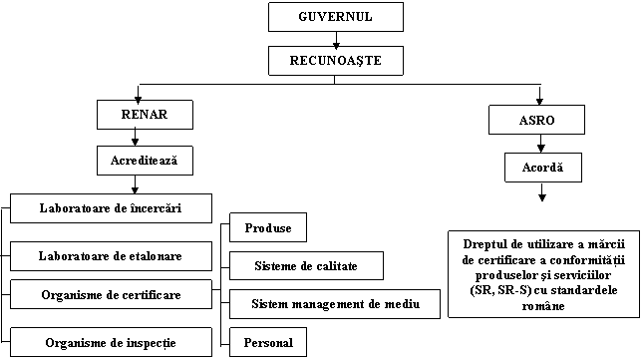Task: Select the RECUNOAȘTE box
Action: click(x=336, y=61)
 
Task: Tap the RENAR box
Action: click(x=144, y=115)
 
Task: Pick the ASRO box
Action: click(x=536, y=120)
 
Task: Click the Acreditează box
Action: click(x=144, y=160)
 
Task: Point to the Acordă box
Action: click(x=542, y=167)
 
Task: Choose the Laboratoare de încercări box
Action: click(x=111, y=208)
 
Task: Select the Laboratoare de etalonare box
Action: click(x=111, y=256)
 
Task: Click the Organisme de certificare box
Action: click(x=111, y=294)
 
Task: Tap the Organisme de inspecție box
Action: click(x=111, y=342)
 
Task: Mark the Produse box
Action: click(x=267, y=228)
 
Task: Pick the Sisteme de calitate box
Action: click(x=306, y=266)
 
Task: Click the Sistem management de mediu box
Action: click(x=333, y=303)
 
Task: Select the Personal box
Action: click(x=267, y=342)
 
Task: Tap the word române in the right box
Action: click(x=541, y=306)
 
